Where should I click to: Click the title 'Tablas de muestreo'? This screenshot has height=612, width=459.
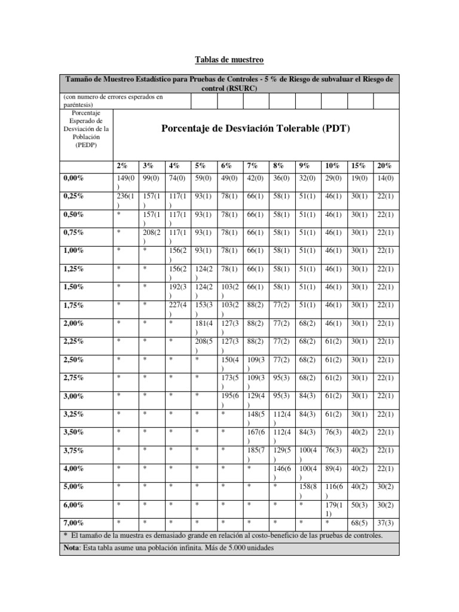(x=229, y=60)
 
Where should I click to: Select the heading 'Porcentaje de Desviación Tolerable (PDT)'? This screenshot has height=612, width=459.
(x=256, y=128)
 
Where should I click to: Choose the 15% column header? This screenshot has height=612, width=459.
(x=359, y=166)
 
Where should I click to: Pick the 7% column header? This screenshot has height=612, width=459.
(x=252, y=166)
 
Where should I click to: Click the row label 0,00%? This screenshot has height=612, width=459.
(x=74, y=178)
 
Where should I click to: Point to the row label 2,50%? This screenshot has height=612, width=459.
(x=74, y=360)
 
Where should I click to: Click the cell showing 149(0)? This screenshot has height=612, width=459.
(x=125, y=181)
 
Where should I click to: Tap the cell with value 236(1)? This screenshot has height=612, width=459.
(x=125, y=199)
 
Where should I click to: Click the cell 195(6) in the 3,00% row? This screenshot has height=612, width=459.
(x=229, y=399)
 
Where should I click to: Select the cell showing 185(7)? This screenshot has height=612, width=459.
(x=256, y=454)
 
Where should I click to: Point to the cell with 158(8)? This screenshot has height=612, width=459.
(x=308, y=490)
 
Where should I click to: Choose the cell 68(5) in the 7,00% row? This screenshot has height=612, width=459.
(x=360, y=522)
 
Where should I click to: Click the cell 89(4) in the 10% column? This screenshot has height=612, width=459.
(x=333, y=469)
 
